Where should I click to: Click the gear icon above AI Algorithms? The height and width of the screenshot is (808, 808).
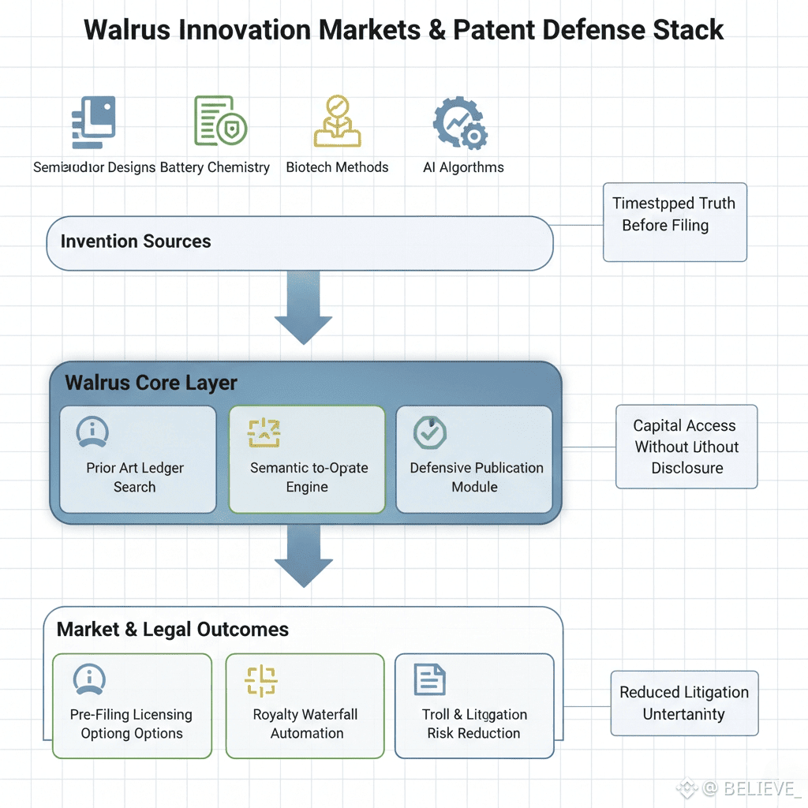pos(460,124)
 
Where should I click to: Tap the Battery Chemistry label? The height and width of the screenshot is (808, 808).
pos(215,167)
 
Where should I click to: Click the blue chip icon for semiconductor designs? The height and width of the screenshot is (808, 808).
pos(93,122)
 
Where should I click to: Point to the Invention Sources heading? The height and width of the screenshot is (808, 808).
pos(136,241)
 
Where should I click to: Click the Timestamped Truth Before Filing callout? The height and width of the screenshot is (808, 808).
pos(675,222)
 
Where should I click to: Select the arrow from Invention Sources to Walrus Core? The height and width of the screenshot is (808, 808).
pos(303,310)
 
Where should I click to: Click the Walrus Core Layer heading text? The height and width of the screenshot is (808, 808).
pos(151,383)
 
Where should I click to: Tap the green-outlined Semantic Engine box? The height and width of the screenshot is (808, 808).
pos(307,459)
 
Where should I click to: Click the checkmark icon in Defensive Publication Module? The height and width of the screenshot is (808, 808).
pos(430,432)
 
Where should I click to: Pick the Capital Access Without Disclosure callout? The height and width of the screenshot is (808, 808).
pos(686,447)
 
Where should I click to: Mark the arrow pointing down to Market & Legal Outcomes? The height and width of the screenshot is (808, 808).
pos(303,555)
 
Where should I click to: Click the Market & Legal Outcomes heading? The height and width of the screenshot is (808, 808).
pos(173,630)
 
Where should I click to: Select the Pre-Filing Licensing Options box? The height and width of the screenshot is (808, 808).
pos(132,705)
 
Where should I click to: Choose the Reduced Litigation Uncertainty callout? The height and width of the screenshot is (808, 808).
pos(684,703)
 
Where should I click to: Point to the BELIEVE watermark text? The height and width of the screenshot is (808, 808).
pos(750,787)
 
